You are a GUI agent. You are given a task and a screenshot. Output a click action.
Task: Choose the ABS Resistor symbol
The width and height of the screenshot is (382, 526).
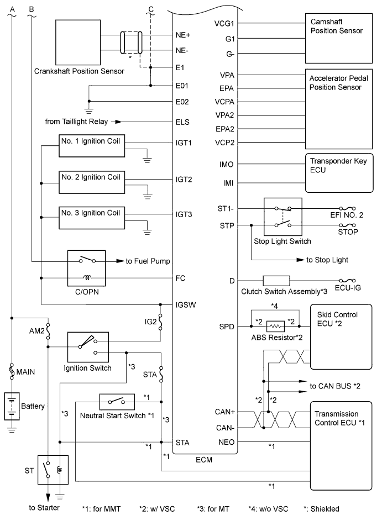coord(275,326)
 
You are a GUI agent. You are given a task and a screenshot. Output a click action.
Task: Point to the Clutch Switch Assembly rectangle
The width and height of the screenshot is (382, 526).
coord(276,281)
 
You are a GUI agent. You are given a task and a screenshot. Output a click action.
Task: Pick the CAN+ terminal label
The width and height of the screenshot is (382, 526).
coord(224,412)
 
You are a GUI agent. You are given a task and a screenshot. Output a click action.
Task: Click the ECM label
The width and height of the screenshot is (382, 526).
coord(205,458)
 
